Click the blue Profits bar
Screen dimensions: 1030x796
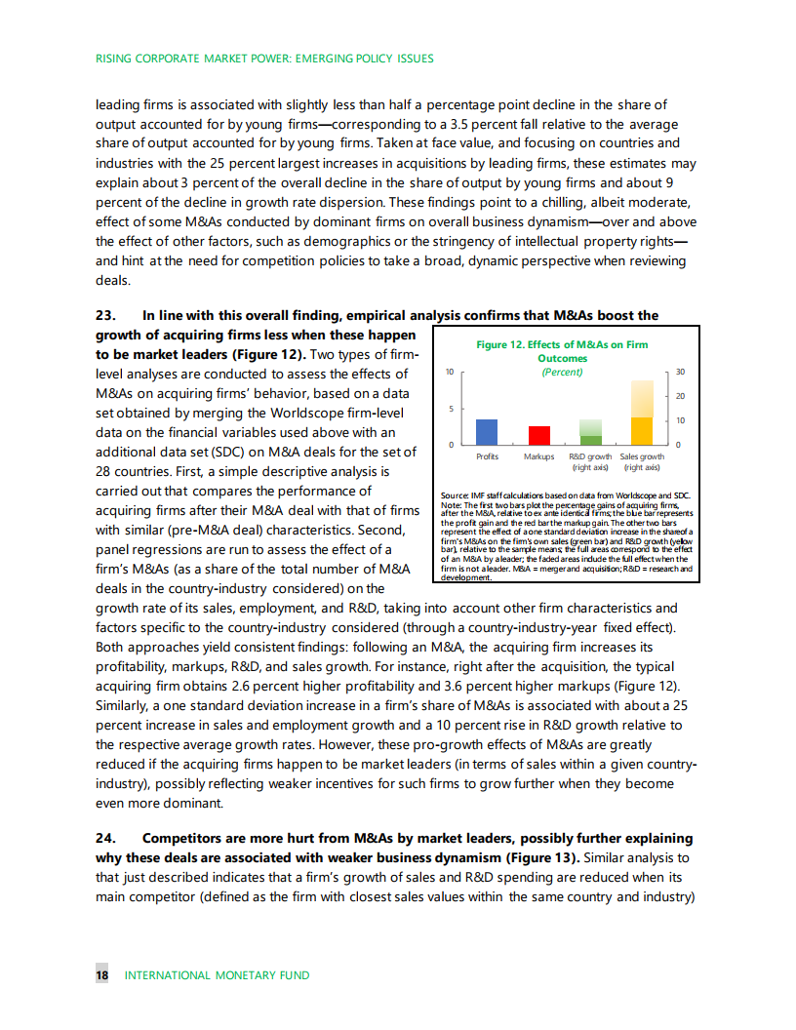pyautogui.click(x=486, y=432)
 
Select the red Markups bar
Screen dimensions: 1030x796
pyautogui.click(x=538, y=435)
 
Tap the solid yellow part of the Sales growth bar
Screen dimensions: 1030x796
pyautogui.click(x=641, y=430)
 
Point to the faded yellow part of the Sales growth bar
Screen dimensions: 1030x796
pyautogui.click(x=641, y=398)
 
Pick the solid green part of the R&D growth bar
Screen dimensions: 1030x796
pyautogui.click(x=591, y=440)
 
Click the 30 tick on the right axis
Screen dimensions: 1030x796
pyautogui.click(x=680, y=373)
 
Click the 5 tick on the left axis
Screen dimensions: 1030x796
pyautogui.click(x=450, y=409)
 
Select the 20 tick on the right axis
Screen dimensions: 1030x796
pyautogui.click(x=680, y=396)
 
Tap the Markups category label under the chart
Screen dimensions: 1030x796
pyautogui.click(x=538, y=456)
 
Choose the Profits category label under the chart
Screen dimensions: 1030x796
pyautogui.click(x=487, y=456)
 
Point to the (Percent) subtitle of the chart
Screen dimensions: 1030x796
pyautogui.click(x=561, y=372)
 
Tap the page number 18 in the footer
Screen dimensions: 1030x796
pyautogui.click(x=101, y=975)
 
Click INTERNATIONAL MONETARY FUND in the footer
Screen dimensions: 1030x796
pyautogui.click(x=217, y=975)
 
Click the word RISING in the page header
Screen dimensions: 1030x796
pyautogui.click(x=114, y=59)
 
